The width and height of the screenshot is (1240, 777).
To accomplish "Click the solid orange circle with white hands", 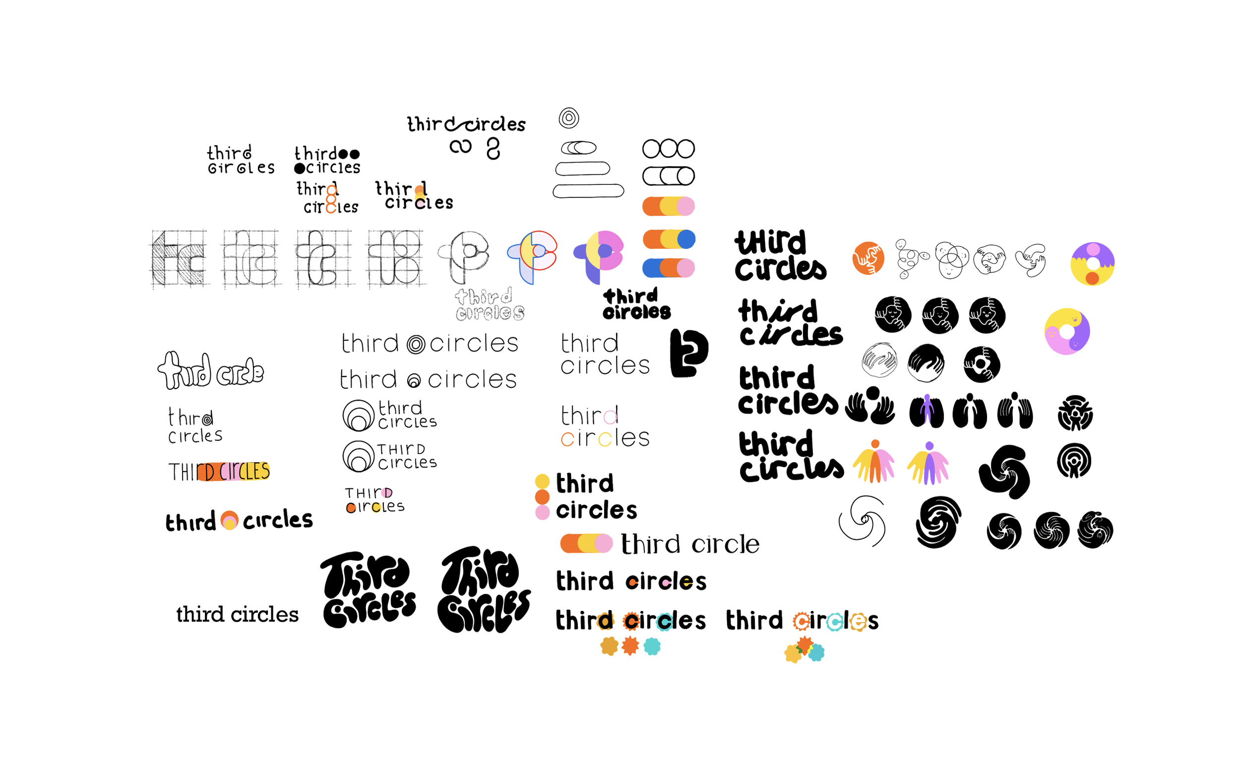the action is [x=868, y=258].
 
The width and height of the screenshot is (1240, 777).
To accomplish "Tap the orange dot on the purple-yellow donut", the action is [x=1092, y=278].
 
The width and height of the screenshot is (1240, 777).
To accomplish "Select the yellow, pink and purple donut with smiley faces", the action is [x=1067, y=331].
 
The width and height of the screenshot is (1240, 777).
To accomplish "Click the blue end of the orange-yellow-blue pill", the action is [x=686, y=239].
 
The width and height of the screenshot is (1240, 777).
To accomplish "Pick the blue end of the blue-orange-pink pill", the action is [x=651, y=268].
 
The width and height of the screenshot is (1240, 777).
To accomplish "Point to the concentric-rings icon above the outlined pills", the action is [x=569, y=118].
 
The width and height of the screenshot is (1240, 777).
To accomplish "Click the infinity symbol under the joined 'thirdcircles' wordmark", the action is [x=460, y=147].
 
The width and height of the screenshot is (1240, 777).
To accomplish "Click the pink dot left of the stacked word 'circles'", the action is [x=543, y=512].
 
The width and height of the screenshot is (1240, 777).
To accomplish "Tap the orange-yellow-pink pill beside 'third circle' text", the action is [x=586, y=543].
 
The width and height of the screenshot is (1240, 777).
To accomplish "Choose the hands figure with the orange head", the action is [x=873, y=462].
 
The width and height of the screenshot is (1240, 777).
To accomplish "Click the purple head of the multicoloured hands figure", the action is [x=929, y=446].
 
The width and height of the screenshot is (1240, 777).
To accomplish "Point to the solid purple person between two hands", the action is [x=926, y=410].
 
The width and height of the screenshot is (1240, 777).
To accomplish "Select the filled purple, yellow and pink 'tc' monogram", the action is [x=599, y=255].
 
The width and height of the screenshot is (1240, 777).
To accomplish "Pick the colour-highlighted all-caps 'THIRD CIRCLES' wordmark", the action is [x=220, y=472].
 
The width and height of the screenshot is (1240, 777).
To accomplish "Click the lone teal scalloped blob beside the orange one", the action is [x=652, y=647].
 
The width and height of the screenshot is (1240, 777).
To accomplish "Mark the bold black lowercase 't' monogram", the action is [x=688, y=354].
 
